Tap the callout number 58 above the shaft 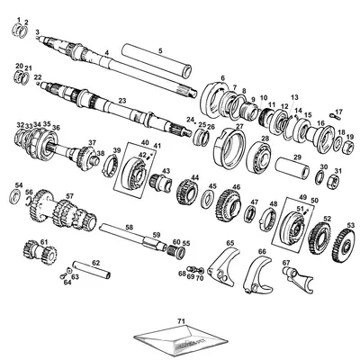pyautogui.click(x=130, y=228)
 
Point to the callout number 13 pyautogui.click(x=293, y=96)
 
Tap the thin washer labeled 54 pyautogui.click(x=19, y=195)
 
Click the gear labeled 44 pyautogui.click(x=188, y=192)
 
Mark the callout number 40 pyautogui.click(x=144, y=142)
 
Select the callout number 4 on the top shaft pyautogui.click(x=106, y=53)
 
